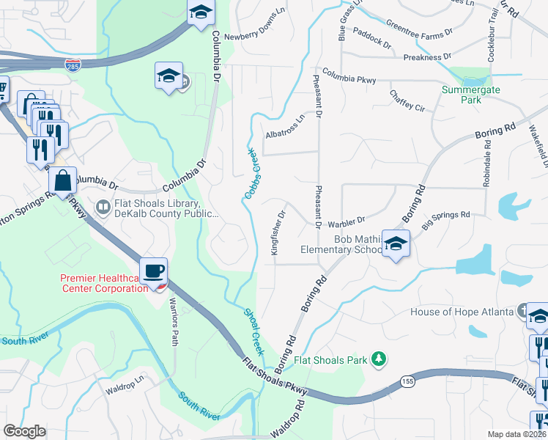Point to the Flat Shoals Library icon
click(x=103, y=209)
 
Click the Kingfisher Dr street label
click(x=277, y=233)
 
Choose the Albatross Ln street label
click(x=284, y=130)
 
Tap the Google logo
click(x=24, y=431)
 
